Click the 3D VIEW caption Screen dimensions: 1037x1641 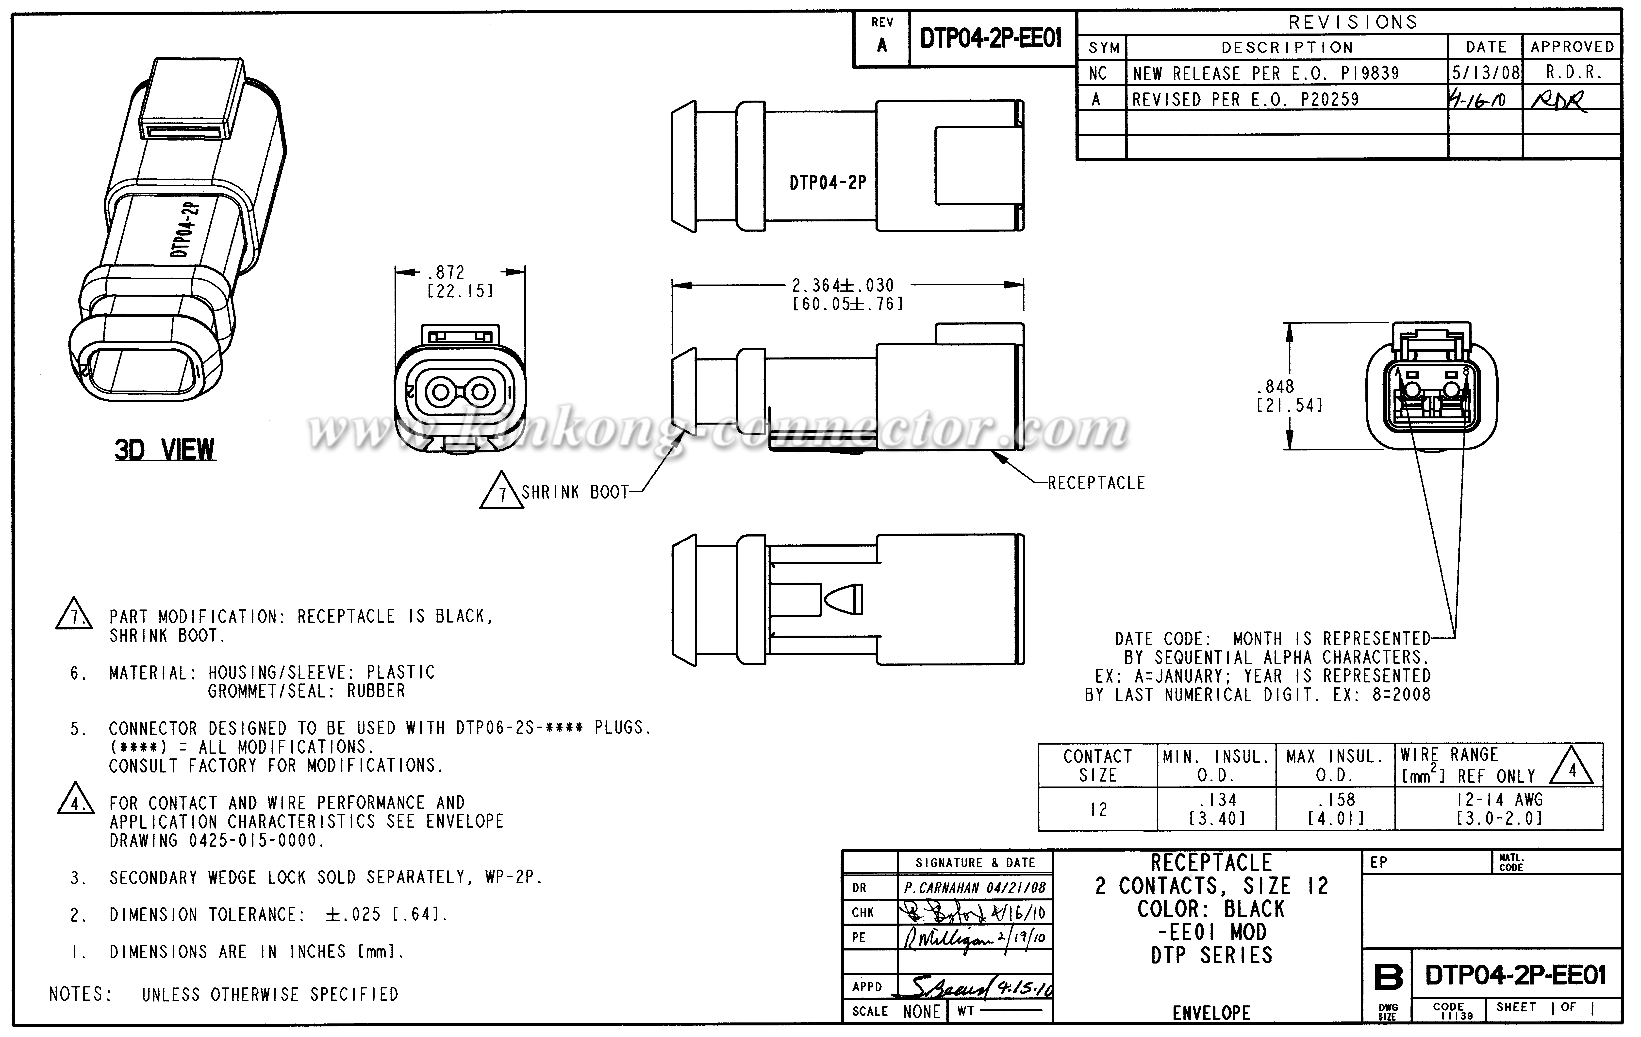pyautogui.click(x=165, y=450)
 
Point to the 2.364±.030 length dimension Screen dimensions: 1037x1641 pyautogui.click(x=842, y=285)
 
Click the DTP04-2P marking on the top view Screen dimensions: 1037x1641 pyautogui.click(x=827, y=183)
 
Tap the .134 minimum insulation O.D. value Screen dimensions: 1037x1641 pyautogui.click(x=1217, y=800)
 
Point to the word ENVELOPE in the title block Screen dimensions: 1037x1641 pyautogui.click(x=1211, y=1013)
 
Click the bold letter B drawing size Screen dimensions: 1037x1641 pyautogui.click(x=1388, y=978)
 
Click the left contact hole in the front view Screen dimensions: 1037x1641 pyautogui.click(x=441, y=392)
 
